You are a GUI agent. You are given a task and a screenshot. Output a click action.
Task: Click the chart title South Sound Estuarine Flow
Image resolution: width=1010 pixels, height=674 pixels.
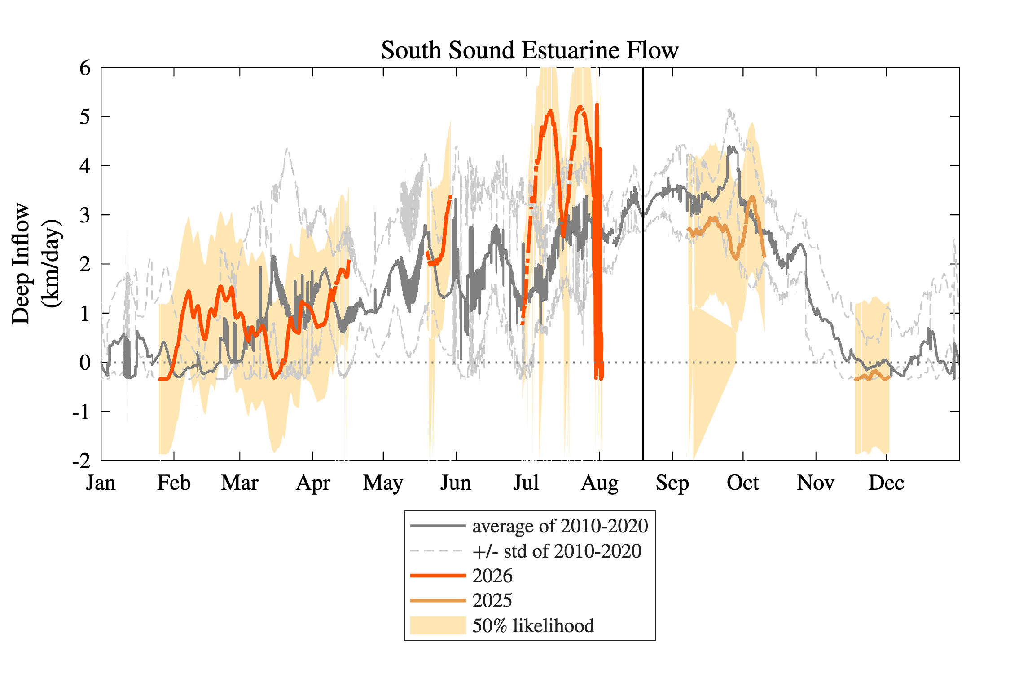point(530,50)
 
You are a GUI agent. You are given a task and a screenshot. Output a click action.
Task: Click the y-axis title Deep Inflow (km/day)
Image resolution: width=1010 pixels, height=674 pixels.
point(36,264)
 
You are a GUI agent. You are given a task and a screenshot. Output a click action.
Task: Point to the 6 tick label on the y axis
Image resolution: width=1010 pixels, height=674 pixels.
point(85,68)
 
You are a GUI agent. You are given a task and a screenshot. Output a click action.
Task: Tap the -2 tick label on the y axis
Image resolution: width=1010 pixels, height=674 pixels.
point(81,461)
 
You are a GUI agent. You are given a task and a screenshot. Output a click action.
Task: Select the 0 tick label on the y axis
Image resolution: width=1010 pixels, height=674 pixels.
point(85,363)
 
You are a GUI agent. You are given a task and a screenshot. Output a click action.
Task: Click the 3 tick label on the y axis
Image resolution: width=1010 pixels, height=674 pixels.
point(85,215)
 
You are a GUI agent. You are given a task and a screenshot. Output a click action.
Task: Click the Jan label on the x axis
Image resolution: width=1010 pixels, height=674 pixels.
point(101,483)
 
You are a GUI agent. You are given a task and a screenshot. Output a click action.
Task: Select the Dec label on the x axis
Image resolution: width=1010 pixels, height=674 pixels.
point(886,483)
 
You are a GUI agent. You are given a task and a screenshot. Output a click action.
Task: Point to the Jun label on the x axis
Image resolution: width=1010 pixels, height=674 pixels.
point(456,483)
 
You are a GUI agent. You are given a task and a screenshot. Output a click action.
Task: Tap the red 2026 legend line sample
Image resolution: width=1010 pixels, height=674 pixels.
point(438,576)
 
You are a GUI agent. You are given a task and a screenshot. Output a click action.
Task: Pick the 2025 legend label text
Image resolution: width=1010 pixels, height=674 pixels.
point(492,600)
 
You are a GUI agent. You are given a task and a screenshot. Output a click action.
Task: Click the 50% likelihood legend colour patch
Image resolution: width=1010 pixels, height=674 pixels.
point(438,625)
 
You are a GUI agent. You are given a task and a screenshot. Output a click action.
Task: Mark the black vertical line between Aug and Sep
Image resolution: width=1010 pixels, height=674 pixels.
point(643,264)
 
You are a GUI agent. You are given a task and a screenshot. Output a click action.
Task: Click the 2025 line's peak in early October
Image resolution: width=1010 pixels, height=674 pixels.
point(752,197)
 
